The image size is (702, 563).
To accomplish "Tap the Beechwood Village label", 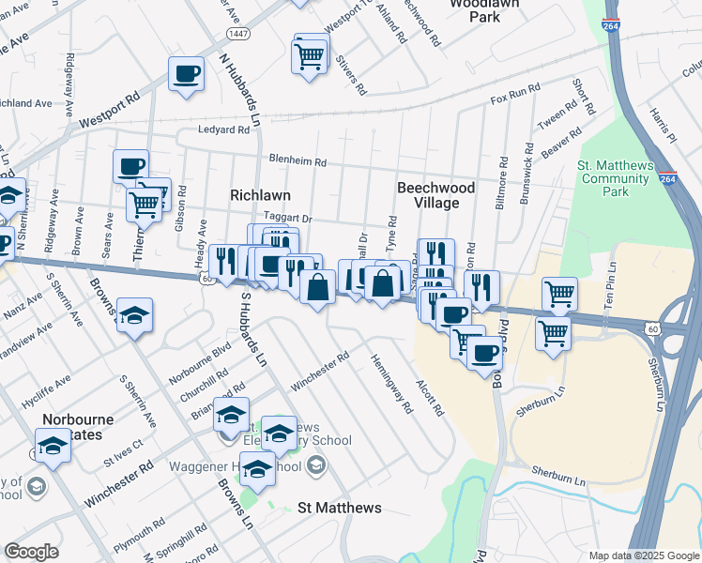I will click(x=435, y=195).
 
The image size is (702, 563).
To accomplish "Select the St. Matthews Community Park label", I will click(x=615, y=178).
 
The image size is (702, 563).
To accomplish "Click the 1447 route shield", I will click(x=237, y=33).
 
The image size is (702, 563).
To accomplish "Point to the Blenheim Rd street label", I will click(x=297, y=161).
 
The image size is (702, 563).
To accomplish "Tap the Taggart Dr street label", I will click(x=292, y=218).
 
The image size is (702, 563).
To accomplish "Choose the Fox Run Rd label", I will click(x=516, y=92).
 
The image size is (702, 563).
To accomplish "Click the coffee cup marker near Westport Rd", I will click(x=186, y=74).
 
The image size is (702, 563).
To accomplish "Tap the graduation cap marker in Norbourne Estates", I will click(x=53, y=446).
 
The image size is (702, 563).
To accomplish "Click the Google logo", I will click(x=31, y=552).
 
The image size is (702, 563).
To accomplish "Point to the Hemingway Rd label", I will click(x=391, y=384).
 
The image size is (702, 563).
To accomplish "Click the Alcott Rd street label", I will click(x=430, y=399).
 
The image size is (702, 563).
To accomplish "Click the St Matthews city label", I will click(x=339, y=508).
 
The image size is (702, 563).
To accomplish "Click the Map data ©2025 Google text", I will click(x=642, y=555).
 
